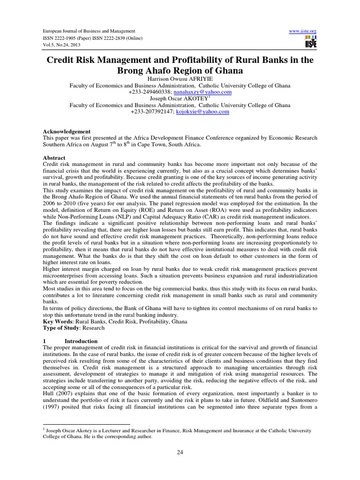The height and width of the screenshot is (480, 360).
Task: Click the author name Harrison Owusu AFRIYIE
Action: (x=180, y=80)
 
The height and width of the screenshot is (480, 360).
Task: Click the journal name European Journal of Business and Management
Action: (x=82, y=30)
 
